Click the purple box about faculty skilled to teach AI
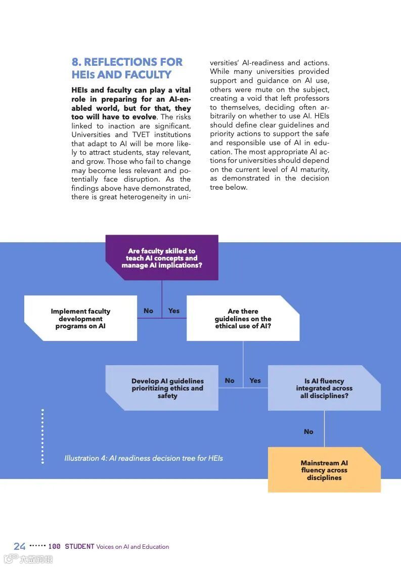(162, 257)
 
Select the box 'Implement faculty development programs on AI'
(80, 318)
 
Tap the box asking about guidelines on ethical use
(243, 318)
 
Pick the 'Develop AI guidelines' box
(167, 388)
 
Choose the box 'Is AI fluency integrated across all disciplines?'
(324, 388)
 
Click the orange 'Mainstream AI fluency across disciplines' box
(324, 470)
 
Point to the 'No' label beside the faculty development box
(148, 311)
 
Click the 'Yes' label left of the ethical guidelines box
(174, 311)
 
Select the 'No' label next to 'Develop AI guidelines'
(230, 380)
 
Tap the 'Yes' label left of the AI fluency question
(255, 380)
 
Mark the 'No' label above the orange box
(308, 431)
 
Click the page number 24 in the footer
(20, 546)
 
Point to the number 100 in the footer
(55, 546)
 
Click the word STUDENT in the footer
(79, 546)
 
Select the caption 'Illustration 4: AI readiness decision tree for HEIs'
(144, 458)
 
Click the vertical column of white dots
(42, 437)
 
